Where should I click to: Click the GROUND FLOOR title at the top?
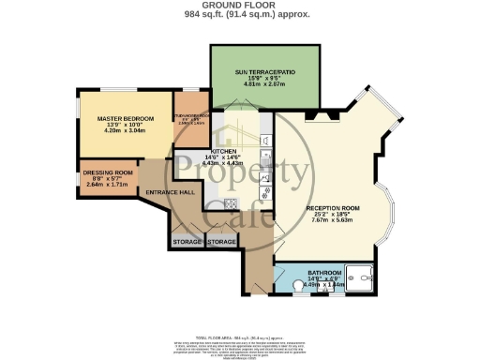pyautogui.click(x=239, y=6)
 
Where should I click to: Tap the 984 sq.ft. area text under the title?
pyautogui.click(x=239, y=15)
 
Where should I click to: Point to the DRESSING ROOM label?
pyautogui.click(x=109, y=173)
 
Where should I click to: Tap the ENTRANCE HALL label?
pyautogui.click(x=169, y=192)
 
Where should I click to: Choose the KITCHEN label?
pyautogui.click(x=223, y=151)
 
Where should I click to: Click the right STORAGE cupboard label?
pyautogui.click(x=221, y=242)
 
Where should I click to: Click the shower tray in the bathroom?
pyautogui.click(x=357, y=277)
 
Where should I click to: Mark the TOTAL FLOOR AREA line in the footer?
pyautogui.click(x=239, y=334)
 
